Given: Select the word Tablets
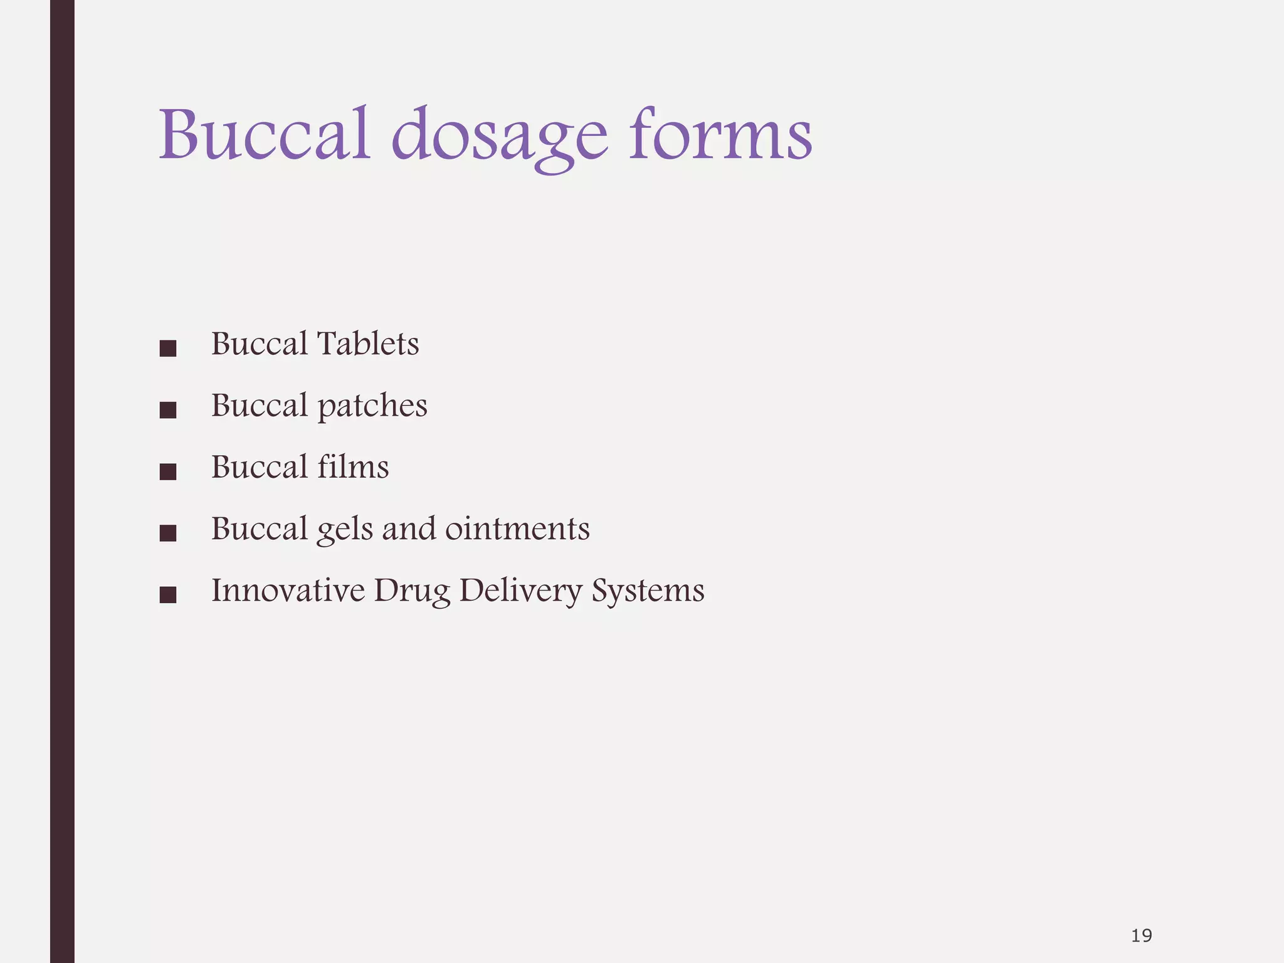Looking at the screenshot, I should [x=368, y=344].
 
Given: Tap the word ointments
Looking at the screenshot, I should [x=517, y=529].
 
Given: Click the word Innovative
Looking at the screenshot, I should [x=288, y=590].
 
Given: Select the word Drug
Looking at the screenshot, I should [x=412, y=591].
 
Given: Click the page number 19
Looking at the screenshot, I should [x=1141, y=936].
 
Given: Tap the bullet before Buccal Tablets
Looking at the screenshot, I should [x=167, y=349].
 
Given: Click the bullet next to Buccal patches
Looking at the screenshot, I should [x=167, y=410].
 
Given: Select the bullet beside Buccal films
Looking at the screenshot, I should [x=167, y=471].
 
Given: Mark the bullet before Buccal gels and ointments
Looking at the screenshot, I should [x=167, y=533].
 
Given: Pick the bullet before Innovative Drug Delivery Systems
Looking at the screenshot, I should [x=167, y=594].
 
